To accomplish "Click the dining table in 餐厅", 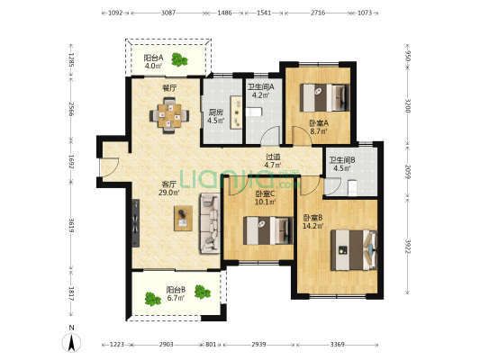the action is point(169,115).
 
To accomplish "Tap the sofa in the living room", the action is point(210,223).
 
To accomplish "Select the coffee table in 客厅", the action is point(183,218).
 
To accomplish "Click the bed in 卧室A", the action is point(324,97).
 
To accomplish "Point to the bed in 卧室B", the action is point(354,250).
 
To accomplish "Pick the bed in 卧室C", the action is point(268,230).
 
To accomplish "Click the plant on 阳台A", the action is point(179,59).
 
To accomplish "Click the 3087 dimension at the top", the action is point(168,13).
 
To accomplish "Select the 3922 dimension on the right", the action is point(407,247).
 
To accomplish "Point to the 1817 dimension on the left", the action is point(71,293).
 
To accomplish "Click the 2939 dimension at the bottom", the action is point(258,345).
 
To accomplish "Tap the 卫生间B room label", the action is point(342,160).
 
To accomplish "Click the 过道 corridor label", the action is point(273,157).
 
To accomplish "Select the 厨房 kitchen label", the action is point(216,112).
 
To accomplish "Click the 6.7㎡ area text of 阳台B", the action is point(176,298).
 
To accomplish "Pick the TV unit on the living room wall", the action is point(136,223).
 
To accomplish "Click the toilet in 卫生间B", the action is point(353,188).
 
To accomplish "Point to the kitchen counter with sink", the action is point(236,112).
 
